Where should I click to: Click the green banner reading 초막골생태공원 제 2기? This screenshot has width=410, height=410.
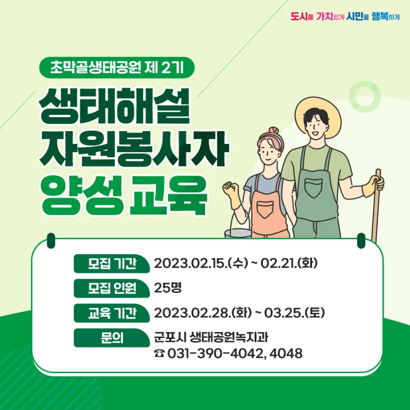(x=117, y=68)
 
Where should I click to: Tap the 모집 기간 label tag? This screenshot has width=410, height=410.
(x=112, y=263)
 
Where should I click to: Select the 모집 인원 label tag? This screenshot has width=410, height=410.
(x=112, y=288)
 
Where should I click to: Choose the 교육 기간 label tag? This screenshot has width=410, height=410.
(x=112, y=313)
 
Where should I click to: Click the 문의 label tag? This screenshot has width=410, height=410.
(x=112, y=338)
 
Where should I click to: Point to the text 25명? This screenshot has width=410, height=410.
(x=168, y=288)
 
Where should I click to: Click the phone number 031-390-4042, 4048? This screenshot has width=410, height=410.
(x=235, y=353)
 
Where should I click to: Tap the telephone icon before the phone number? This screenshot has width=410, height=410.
(x=159, y=354)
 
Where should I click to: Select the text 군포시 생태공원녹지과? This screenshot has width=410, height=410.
(x=211, y=337)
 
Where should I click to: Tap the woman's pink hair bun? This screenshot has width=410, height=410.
(x=274, y=131)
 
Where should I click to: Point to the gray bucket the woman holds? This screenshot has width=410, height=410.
(x=238, y=233)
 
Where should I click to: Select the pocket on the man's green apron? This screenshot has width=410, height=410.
(x=314, y=188)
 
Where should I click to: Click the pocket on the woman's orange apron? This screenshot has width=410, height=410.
(x=265, y=209)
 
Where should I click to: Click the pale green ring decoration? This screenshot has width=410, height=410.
(x=364, y=96)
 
